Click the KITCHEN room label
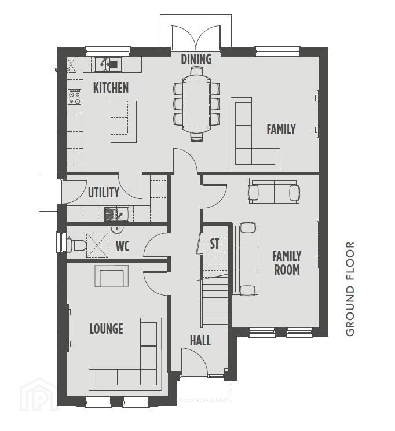click(x=111, y=88)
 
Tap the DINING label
click(x=196, y=59)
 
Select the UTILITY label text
click(x=104, y=192)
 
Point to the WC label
click(x=122, y=246)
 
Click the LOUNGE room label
click(x=106, y=329)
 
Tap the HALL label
click(x=200, y=341)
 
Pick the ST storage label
click(x=214, y=244)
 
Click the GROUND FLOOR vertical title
click(x=350, y=289)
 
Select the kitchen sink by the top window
click(x=108, y=64)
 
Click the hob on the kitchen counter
click(x=75, y=97)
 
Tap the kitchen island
click(x=123, y=121)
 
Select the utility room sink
click(x=116, y=214)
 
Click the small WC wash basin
click(x=117, y=229)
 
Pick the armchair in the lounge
click(x=111, y=276)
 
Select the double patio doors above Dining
click(x=196, y=38)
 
